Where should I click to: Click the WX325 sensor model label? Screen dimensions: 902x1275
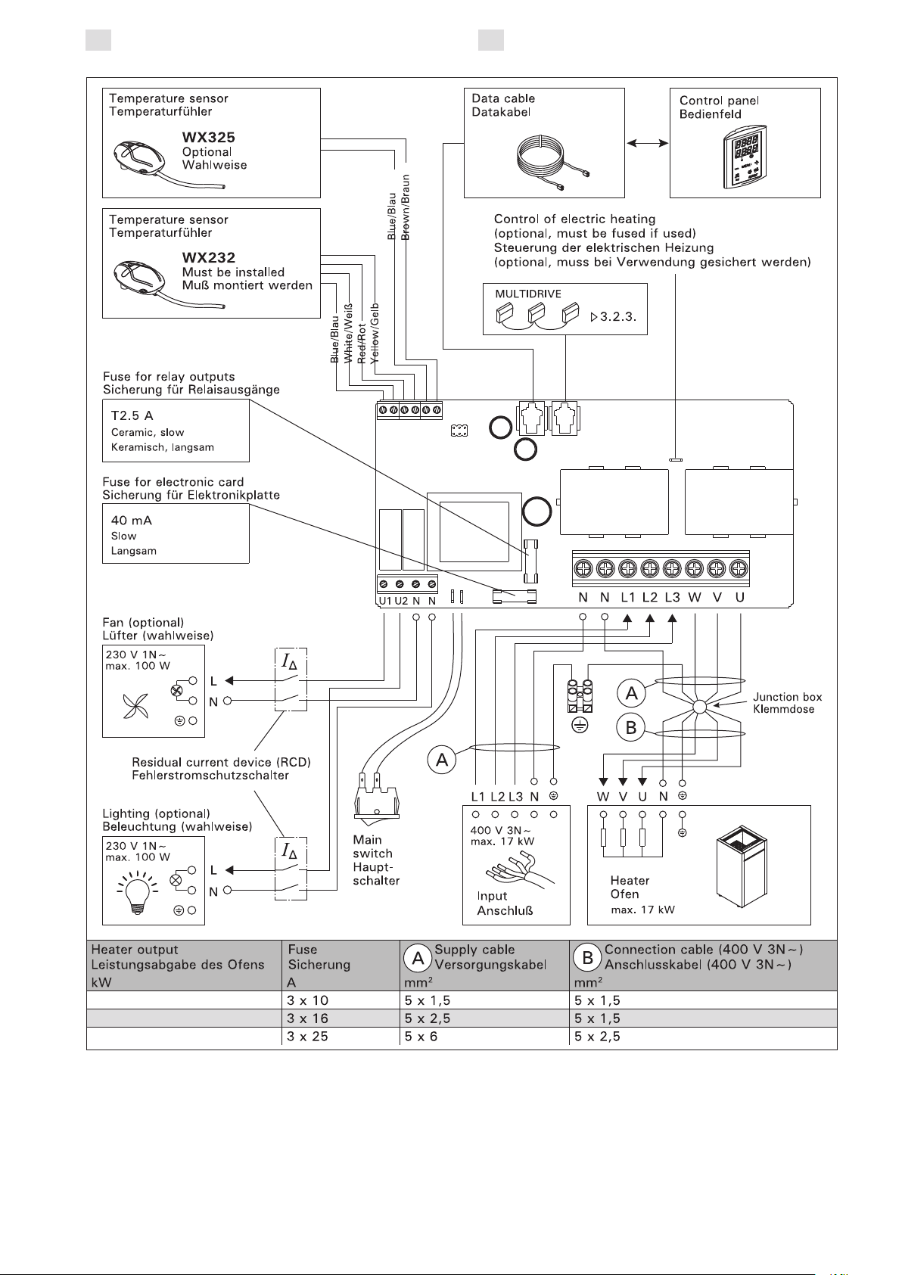click(x=208, y=137)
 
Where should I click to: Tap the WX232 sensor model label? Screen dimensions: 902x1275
click(x=208, y=257)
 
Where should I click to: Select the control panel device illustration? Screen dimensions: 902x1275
click(x=745, y=157)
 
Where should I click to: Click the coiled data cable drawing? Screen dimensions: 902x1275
click(x=552, y=160)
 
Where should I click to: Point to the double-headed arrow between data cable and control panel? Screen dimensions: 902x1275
click(x=647, y=143)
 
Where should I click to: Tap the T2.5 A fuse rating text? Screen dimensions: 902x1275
click(x=132, y=415)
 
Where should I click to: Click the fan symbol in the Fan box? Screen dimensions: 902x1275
click(x=135, y=706)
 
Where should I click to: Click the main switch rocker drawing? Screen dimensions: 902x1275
click(x=376, y=796)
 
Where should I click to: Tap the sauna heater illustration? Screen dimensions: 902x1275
click(x=742, y=867)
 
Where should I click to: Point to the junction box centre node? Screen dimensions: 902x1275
click(x=699, y=707)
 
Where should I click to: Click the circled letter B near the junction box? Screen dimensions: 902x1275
click(x=631, y=727)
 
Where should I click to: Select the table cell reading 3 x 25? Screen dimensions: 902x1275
click(x=307, y=1037)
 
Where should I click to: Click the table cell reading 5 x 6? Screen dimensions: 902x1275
click(x=421, y=1037)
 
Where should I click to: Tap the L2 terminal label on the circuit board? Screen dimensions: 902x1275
click(x=650, y=597)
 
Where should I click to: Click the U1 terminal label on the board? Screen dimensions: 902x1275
click(x=385, y=601)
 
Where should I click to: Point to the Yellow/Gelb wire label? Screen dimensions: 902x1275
click(x=374, y=333)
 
